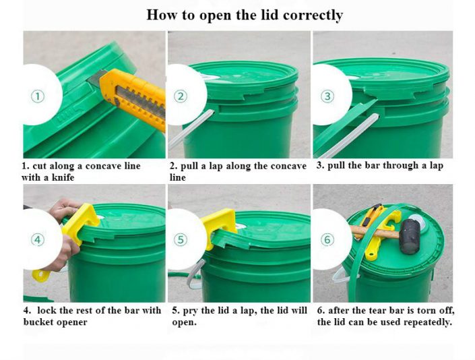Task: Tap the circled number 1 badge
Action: [x=38, y=96]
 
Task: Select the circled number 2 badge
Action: [x=181, y=96]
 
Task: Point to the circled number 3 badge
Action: [x=327, y=96]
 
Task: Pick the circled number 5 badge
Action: [x=181, y=239]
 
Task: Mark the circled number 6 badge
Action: [x=327, y=239]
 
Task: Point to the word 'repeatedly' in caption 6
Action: [x=428, y=322]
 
